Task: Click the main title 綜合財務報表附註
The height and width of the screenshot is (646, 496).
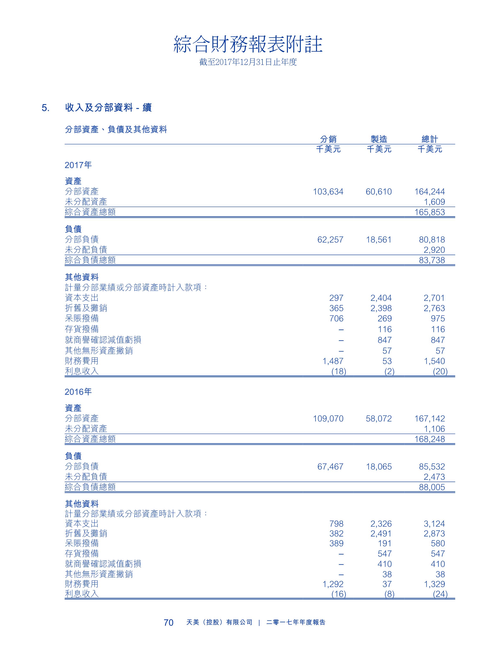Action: (x=248, y=45)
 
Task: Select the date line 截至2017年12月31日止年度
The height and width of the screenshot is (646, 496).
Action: (x=248, y=62)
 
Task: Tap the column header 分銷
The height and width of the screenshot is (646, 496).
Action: (x=328, y=139)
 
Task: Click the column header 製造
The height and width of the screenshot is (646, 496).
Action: (x=379, y=139)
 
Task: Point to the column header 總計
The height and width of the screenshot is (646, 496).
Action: (x=430, y=139)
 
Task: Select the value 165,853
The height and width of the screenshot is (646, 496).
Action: (x=430, y=212)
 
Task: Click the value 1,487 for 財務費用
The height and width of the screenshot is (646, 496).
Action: (x=333, y=361)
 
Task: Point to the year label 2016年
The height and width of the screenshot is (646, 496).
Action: (x=78, y=392)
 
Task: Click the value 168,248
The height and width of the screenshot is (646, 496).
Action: (x=430, y=439)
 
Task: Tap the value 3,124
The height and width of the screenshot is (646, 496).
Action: (x=434, y=524)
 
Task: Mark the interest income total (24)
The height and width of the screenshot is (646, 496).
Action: (x=440, y=594)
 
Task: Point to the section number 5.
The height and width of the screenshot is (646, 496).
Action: (x=46, y=108)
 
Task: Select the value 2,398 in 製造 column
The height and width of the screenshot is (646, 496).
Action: (x=381, y=308)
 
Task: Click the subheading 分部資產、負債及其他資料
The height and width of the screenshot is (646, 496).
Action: (x=116, y=129)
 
